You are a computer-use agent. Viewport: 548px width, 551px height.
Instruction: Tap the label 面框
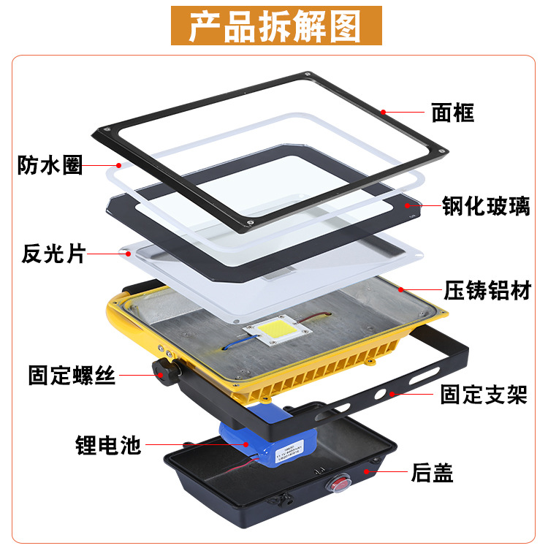click(452, 113)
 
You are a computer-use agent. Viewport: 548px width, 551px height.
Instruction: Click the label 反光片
click(54, 254)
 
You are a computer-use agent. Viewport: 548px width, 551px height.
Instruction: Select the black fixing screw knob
click(161, 370)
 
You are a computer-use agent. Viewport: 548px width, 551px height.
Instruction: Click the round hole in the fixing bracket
click(379, 395)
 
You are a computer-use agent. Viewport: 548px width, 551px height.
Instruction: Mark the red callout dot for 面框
click(382, 112)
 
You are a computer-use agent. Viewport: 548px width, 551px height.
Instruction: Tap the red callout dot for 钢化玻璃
click(407, 206)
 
